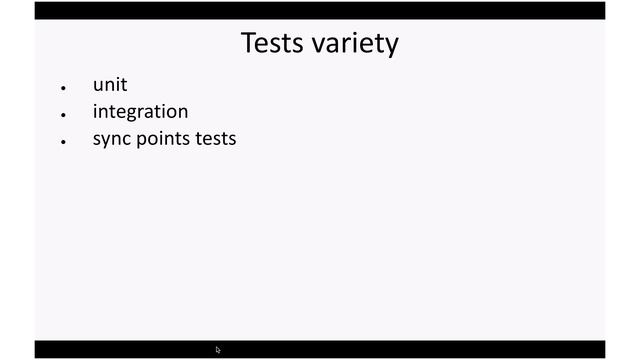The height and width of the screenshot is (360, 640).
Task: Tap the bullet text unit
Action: tap(110, 85)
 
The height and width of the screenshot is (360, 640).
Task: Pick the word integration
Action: tap(140, 112)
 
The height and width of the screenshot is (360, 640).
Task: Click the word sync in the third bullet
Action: tap(111, 139)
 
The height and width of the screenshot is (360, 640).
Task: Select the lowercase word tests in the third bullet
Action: tap(216, 139)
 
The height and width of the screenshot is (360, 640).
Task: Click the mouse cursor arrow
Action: tap(218, 350)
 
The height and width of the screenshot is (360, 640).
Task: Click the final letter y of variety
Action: tap(391, 47)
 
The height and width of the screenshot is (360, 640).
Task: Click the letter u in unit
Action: tap(98, 86)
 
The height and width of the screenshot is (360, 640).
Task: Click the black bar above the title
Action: tap(320, 10)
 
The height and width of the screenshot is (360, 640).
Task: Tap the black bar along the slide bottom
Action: tap(400, 349)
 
